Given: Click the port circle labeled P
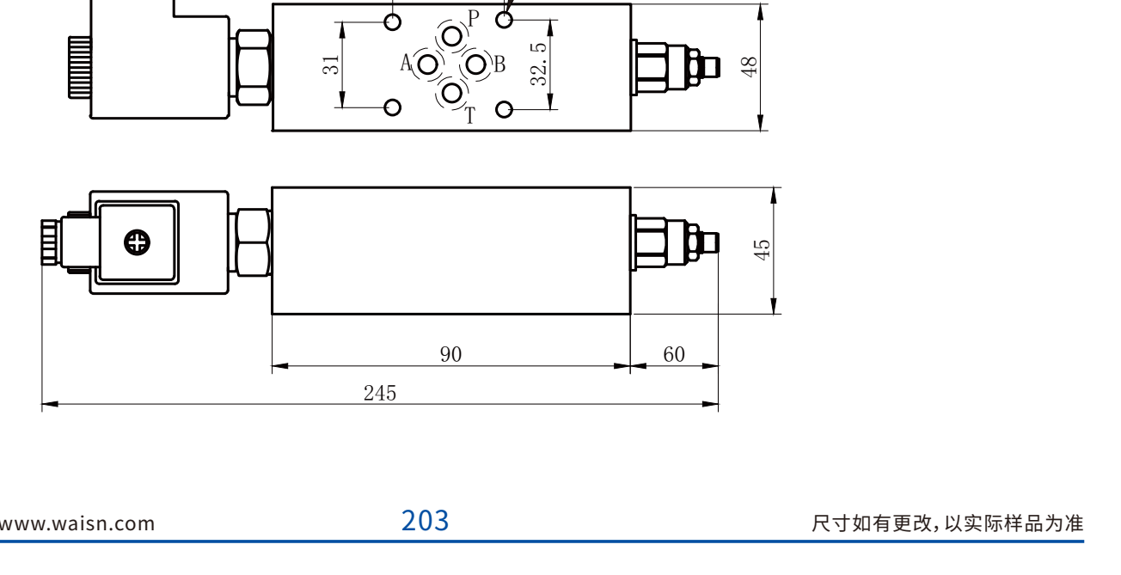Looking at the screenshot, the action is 452,37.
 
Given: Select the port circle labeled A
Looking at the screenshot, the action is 427,64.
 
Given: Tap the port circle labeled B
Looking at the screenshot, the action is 475,64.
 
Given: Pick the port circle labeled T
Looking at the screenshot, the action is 452,93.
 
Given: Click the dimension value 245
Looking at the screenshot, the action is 380,394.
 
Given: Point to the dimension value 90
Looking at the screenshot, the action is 451,354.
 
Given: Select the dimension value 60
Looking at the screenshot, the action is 674,354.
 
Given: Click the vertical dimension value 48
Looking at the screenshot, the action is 749,67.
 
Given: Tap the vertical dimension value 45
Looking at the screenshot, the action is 762,250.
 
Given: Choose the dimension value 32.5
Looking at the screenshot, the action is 538,64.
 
